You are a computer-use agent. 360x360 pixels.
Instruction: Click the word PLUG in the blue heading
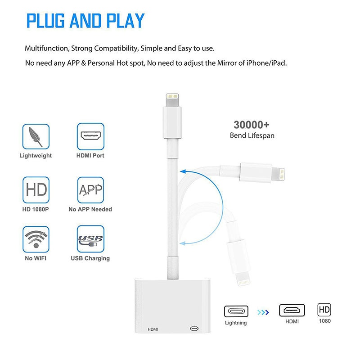[x=45, y=21]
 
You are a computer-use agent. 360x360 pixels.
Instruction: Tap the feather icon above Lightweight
[x=36, y=137]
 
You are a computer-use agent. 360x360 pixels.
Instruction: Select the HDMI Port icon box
[x=90, y=136]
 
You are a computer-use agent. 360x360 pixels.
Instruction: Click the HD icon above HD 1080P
[x=36, y=190]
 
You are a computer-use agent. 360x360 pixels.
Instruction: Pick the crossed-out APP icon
[x=90, y=190]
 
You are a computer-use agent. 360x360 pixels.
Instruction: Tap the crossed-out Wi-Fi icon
[x=36, y=239]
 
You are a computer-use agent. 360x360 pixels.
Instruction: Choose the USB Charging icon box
[x=90, y=239]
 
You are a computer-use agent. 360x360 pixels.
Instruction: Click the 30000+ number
[x=252, y=125]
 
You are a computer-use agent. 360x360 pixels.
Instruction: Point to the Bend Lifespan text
[x=252, y=135]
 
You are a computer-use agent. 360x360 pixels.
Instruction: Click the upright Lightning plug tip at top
[x=172, y=99]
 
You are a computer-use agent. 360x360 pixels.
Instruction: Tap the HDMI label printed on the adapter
[x=153, y=329]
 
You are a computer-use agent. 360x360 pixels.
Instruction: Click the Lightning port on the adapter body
[x=194, y=329]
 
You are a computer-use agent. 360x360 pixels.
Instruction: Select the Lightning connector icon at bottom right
[x=236, y=311]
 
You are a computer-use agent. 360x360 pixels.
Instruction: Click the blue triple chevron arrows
[x=263, y=312]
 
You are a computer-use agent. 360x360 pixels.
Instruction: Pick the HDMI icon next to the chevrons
[x=292, y=310]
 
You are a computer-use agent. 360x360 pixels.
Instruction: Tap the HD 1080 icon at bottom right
[x=324, y=310]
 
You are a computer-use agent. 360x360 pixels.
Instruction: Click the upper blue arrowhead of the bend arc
[x=183, y=171]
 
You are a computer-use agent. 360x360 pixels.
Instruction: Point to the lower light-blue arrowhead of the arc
[x=182, y=243]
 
